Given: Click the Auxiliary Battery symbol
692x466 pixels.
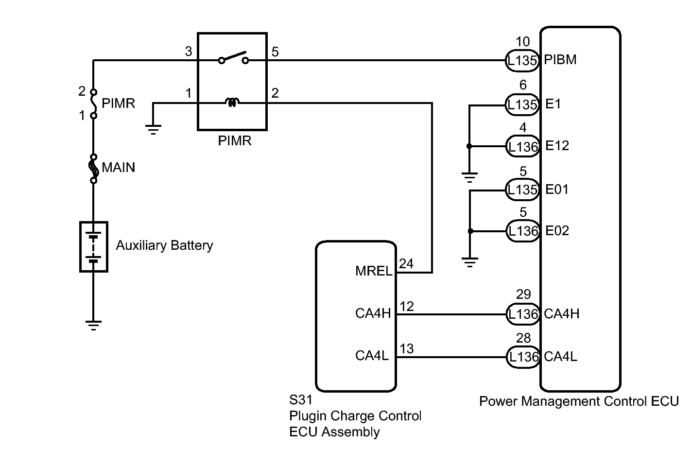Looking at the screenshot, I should click(x=93, y=246).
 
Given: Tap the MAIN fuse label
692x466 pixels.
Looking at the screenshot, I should click(x=119, y=168).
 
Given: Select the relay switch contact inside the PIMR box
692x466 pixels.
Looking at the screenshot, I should click(x=233, y=58).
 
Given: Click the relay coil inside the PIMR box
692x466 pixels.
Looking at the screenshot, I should click(x=232, y=103).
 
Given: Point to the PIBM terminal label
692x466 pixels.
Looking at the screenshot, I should click(x=560, y=60).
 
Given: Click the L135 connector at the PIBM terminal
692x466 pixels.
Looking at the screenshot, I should click(x=522, y=61).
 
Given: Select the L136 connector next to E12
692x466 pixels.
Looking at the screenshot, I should click(x=522, y=147).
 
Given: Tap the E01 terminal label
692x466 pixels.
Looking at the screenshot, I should click(x=557, y=189).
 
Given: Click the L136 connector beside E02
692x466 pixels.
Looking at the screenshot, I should click(x=522, y=231).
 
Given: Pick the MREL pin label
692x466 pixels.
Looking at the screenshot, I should click(x=374, y=271).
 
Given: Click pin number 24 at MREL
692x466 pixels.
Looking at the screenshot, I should click(x=406, y=264).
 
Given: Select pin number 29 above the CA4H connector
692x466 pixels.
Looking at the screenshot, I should click(x=523, y=294).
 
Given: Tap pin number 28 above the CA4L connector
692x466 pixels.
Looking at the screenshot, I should click(x=523, y=338).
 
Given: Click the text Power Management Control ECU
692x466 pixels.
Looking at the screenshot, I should click(x=579, y=401).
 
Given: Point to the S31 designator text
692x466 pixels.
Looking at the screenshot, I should click(x=300, y=400).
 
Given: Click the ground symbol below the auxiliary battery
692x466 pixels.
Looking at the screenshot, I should click(x=93, y=325).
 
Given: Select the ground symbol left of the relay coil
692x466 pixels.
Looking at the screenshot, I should click(x=153, y=129).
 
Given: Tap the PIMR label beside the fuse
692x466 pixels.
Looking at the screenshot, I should click(x=119, y=104).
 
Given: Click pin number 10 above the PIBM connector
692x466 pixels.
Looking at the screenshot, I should click(x=523, y=41).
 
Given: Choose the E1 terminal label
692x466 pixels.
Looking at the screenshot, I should click(x=553, y=104).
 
